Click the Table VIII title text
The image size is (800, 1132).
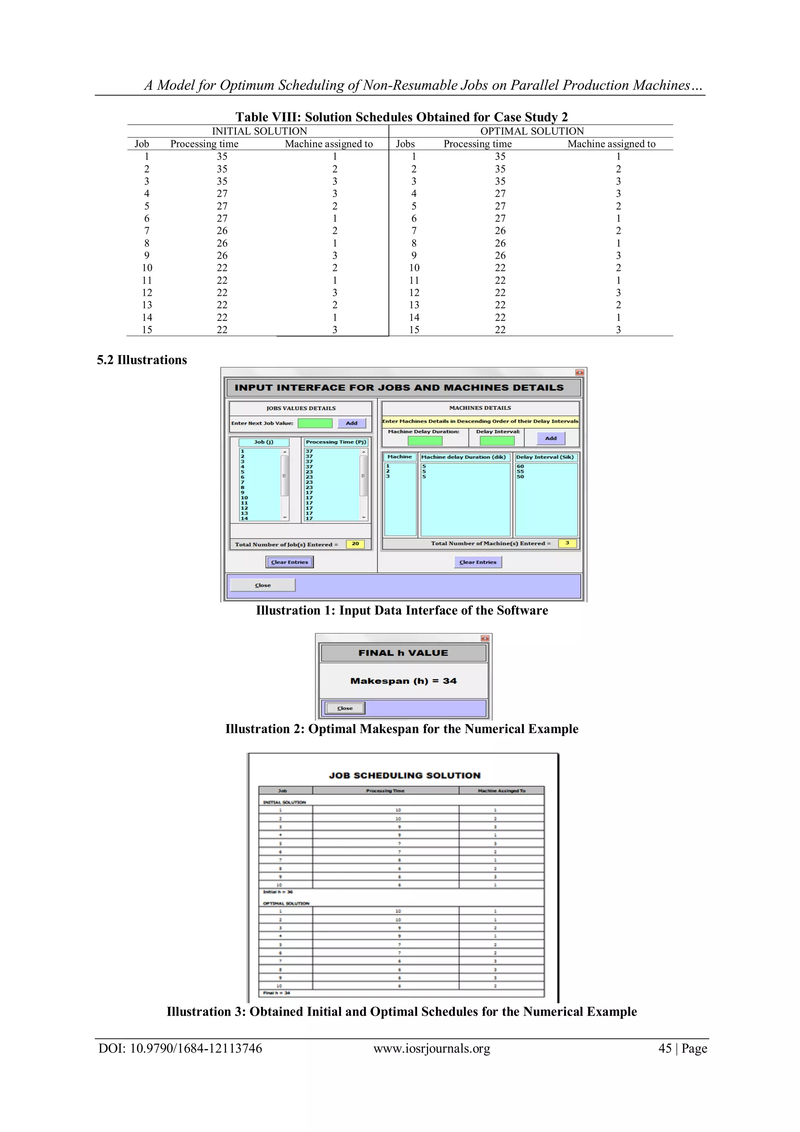(401, 117)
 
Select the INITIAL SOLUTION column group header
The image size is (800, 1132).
(259, 131)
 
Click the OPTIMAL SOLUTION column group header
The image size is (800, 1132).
(532, 131)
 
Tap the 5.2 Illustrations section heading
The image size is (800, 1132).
(142, 360)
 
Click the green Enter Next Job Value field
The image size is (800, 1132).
(315, 423)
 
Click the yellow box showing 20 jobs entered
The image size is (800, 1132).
(355, 544)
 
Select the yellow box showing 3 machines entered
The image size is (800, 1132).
(567, 543)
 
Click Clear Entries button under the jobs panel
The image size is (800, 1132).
(289, 562)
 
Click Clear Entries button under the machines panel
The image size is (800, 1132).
(478, 562)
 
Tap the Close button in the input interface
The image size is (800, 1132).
(263, 585)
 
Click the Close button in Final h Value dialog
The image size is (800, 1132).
(345, 708)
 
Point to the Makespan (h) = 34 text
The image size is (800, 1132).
(403, 681)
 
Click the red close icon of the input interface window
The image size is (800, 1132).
(579, 373)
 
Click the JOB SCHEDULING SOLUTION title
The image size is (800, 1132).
(404, 775)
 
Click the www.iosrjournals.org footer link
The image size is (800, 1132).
(431, 1048)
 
